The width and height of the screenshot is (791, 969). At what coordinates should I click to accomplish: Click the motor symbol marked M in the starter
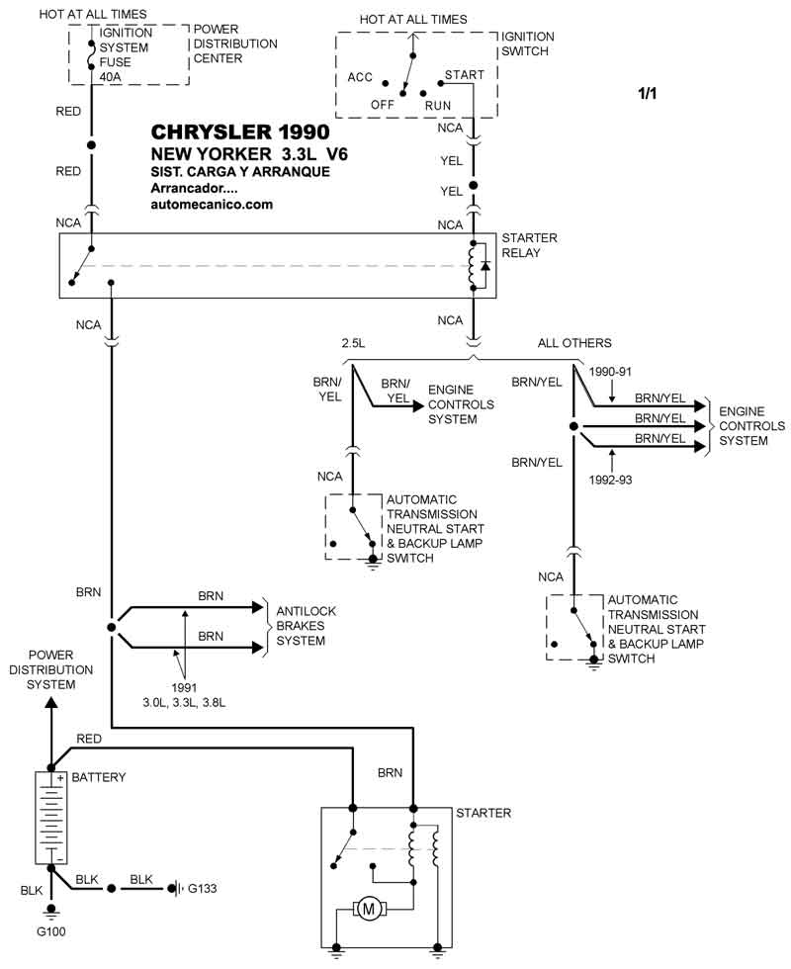pos(369,908)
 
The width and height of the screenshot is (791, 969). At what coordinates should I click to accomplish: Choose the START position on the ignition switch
pos(464,75)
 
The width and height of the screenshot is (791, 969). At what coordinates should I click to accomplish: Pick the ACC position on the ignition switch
pos(360,77)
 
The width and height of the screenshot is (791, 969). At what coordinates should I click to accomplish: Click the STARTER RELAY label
pos(529,244)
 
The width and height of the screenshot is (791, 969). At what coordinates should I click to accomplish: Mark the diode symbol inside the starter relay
pos(485,267)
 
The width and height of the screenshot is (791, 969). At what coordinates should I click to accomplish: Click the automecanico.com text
pos(211,205)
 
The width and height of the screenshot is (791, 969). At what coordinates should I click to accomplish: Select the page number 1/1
pos(649,94)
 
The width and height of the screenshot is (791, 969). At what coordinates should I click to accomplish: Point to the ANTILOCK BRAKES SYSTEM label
pos(306,626)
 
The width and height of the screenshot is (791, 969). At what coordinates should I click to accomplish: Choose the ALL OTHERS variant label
pos(574,343)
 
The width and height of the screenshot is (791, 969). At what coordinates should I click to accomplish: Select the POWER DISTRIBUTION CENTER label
pos(235,44)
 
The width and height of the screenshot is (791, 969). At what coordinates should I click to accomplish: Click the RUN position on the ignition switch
pos(438,104)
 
